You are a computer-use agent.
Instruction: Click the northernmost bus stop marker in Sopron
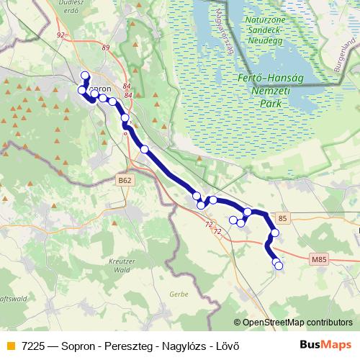(x=85, y=76)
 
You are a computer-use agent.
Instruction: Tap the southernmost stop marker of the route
(x=279, y=266)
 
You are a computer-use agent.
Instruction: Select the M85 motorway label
(x=319, y=259)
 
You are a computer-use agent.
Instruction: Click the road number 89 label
(x=107, y=48)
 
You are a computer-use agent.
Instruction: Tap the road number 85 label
(x=282, y=217)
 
